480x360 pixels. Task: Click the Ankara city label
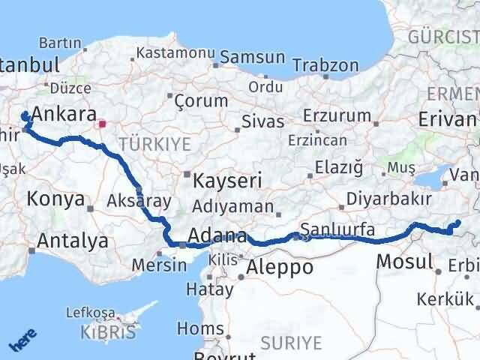(64, 115)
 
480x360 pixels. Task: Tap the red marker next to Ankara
(102, 124)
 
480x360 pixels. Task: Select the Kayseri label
(227, 181)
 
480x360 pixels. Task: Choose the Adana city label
(217, 235)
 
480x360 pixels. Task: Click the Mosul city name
(405, 262)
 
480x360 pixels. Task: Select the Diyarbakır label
(389, 199)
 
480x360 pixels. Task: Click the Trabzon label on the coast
(325, 65)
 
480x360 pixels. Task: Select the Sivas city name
(263, 121)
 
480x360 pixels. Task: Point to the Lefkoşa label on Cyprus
(90, 311)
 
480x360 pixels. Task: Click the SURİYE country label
(291, 343)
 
